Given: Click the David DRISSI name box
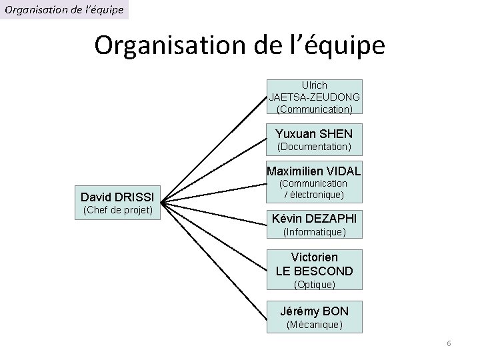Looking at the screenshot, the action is tap(117, 197).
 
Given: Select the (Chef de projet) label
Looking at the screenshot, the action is tap(117, 211).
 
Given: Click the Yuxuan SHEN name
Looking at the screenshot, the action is tap(314, 134).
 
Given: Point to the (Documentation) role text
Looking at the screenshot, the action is tap(314, 146).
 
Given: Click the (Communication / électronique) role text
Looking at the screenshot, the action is tap(314, 189).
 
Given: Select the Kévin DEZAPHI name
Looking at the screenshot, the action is tap(314, 219).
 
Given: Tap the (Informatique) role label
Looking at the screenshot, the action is tap(314, 232).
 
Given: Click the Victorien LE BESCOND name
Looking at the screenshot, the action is tap(314, 264).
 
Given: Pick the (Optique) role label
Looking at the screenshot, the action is tap(314, 285).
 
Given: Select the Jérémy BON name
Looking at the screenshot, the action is tap(314, 311).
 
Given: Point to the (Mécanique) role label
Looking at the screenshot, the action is tap(314, 325).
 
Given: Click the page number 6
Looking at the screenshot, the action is tap(449, 343).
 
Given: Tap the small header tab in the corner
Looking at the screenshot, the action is tap(64, 9).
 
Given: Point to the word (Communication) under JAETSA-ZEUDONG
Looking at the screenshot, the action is tap(314, 109).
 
